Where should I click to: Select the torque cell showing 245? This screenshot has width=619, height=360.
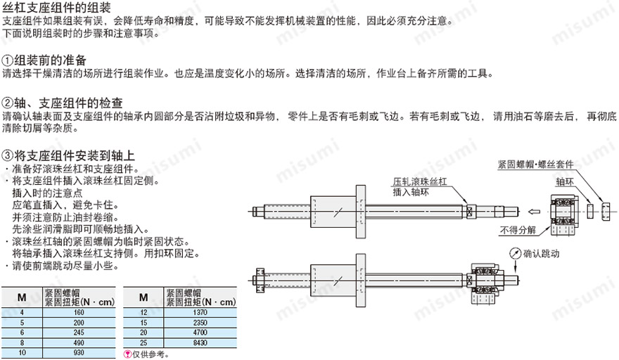pos(78,330)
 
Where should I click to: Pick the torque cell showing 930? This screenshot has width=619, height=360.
pos(78,350)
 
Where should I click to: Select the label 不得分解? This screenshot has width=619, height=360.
pos(517,229)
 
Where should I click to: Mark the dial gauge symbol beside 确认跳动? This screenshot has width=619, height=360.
pos(517,253)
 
